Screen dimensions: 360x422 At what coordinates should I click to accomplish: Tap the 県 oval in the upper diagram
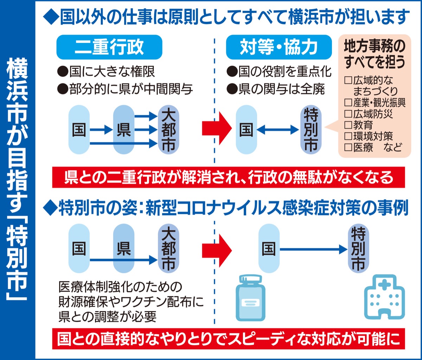[x=124, y=130]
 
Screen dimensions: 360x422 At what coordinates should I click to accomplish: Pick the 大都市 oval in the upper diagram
[x=169, y=130]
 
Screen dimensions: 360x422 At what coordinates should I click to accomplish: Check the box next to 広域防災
[x=348, y=114]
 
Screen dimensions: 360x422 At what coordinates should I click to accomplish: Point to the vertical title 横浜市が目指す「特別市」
[x=17, y=180]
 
